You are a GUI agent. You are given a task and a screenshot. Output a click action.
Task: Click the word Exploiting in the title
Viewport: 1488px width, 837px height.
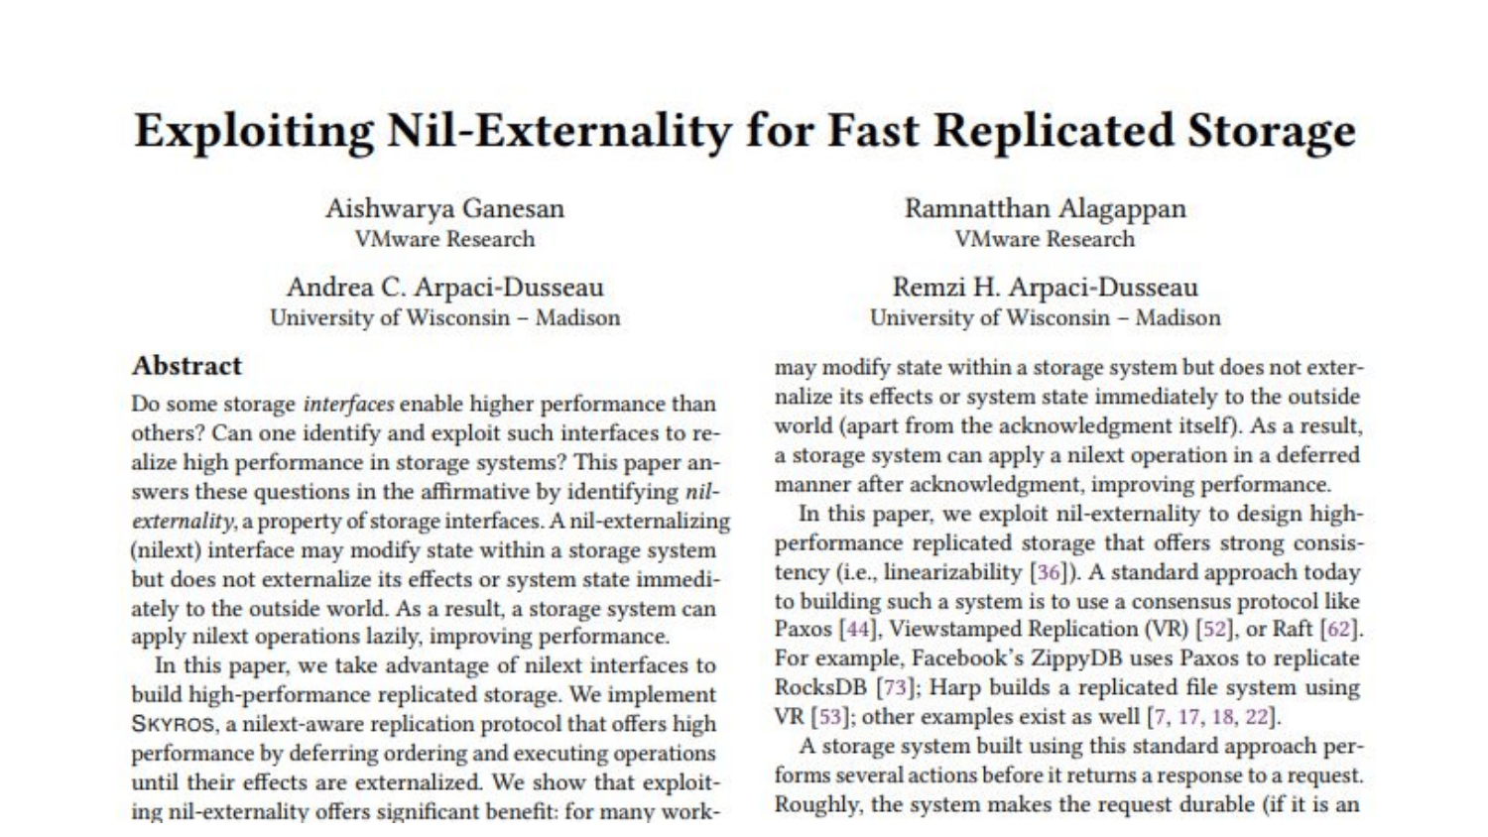(x=254, y=132)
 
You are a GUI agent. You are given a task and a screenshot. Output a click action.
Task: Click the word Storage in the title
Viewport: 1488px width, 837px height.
(x=1272, y=132)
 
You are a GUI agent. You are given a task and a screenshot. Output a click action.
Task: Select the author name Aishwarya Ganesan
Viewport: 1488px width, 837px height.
(x=444, y=208)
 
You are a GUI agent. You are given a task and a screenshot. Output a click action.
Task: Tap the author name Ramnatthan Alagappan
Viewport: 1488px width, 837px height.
(x=1045, y=208)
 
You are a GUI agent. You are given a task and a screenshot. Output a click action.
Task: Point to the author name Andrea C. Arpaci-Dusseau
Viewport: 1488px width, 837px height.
(x=445, y=287)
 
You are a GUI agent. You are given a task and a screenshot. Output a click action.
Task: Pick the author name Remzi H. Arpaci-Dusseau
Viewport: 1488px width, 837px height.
(x=1045, y=287)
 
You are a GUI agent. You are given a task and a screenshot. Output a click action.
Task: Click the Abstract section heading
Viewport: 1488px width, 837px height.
(x=186, y=366)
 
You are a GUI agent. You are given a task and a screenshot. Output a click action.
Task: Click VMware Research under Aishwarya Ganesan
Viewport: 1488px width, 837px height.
(x=444, y=239)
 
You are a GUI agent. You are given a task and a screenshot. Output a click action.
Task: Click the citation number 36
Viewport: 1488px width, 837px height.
(x=1049, y=572)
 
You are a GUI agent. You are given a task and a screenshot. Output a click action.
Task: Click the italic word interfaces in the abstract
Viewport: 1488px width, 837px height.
(x=349, y=404)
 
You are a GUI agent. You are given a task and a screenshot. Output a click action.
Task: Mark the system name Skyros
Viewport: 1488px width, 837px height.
(x=173, y=723)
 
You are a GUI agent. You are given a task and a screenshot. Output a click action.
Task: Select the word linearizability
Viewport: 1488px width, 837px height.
(x=952, y=572)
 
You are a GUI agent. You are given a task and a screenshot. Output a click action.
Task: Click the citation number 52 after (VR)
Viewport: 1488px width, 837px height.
(x=1214, y=629)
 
